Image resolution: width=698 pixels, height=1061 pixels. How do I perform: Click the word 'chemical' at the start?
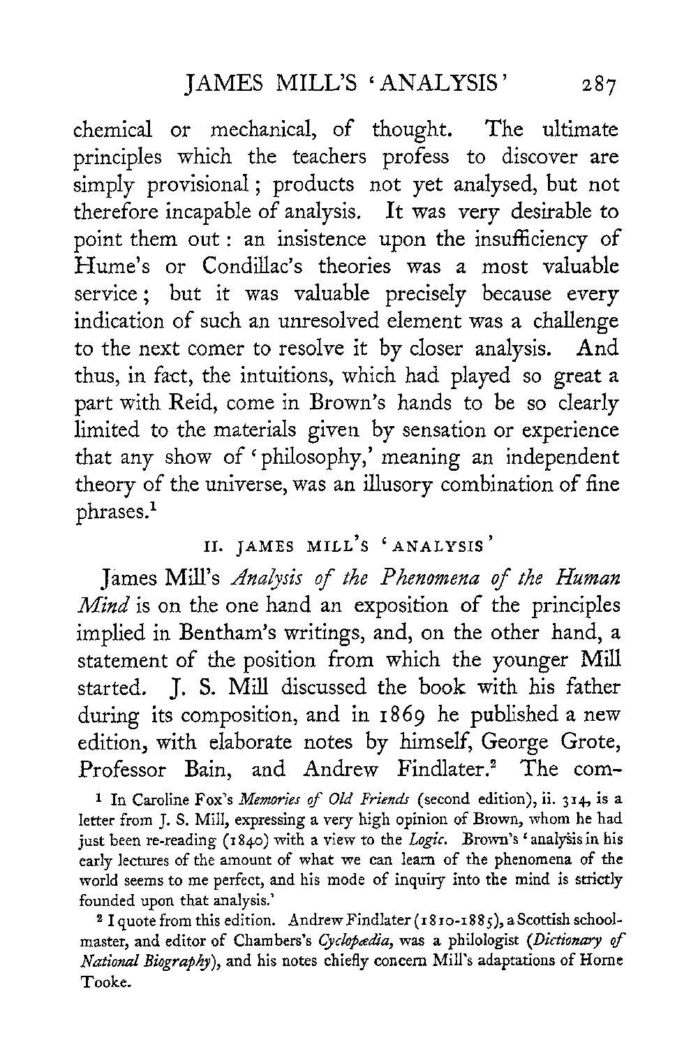(x=114, y=131)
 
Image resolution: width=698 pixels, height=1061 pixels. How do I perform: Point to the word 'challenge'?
(x=575, y=322)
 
